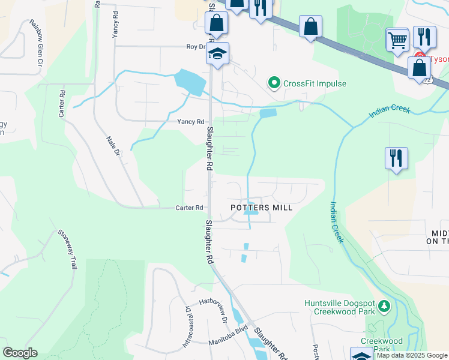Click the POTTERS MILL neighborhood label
262,208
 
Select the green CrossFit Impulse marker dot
274,83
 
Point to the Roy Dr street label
196,46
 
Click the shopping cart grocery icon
397,40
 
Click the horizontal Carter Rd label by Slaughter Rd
189,208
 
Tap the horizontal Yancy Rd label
190,121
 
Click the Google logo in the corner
20,353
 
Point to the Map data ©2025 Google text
412,355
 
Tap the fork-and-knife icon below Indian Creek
396,158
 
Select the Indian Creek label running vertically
335,222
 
